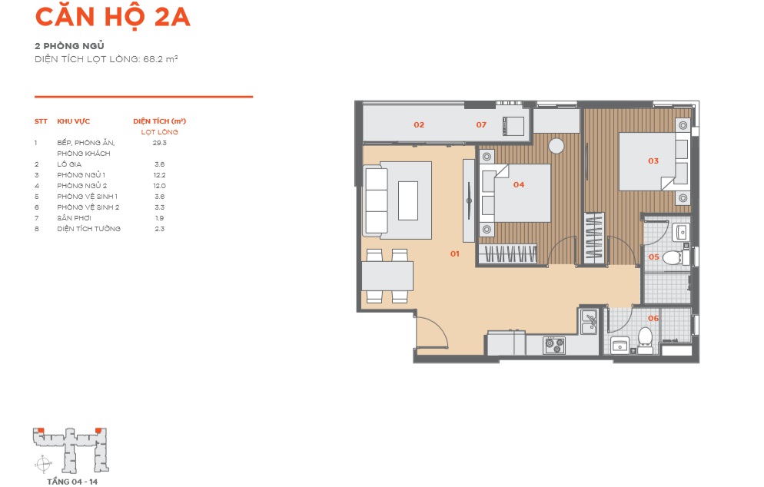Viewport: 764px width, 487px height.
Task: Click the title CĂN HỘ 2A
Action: click(x=112, y=17)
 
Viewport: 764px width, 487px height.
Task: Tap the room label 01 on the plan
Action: click(x=454, y=253)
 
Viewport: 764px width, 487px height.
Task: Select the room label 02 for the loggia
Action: click(x=419, y=124)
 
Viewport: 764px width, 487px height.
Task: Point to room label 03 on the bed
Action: click(x=653, y=161)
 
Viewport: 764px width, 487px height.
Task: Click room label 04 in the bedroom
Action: click(x=518, y=184)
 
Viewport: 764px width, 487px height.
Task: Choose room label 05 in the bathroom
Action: click(x=653, y=257)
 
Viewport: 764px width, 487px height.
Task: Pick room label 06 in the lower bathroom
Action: click(x=653, y=318)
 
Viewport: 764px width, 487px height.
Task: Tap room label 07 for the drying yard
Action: click(x=481, y=124)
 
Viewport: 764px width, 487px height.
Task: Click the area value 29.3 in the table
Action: click(x=159, y=143)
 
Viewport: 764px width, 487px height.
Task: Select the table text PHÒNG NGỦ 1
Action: click(x=81, y=175)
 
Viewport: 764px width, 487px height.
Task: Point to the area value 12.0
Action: click(x=159, y=186)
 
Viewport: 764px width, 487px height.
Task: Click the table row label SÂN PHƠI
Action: click(x=74, y=217)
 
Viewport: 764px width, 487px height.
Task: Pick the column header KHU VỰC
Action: click(x=74, y=121)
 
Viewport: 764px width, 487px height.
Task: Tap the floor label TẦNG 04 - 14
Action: click(x=72, y=482)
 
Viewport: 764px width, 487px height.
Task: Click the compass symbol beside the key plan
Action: click(x=44, y=464)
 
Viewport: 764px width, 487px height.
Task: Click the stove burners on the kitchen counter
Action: click(x=554, y=346)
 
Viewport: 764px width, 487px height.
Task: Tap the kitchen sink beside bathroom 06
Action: click(x=589, y=322)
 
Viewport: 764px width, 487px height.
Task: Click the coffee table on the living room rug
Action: click(x=408, y=200)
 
